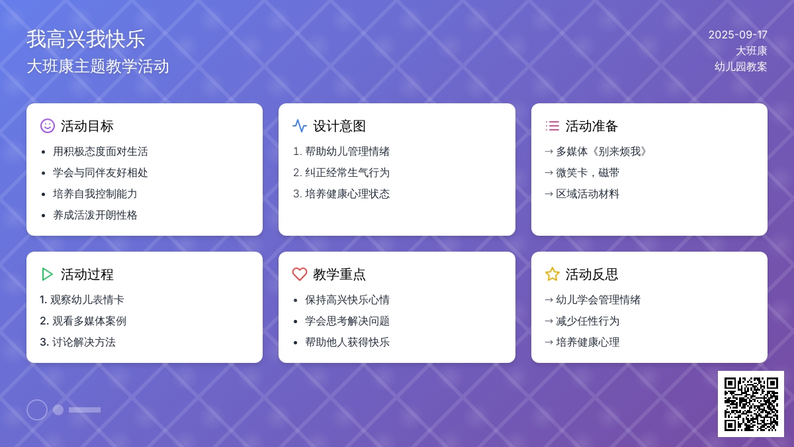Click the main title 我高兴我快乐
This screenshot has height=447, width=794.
click(86, 39)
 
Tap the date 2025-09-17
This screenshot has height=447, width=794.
click(738, 34)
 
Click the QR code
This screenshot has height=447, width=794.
click(751, 404)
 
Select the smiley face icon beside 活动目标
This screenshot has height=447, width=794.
click(48, 126)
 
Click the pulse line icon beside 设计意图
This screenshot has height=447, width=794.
click(300, 126)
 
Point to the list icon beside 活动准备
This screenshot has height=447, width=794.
click(552, 126)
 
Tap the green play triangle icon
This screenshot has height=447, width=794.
click(47, 274)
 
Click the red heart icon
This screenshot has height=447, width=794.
click(300, 274)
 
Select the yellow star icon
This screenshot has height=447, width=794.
click(552, 274)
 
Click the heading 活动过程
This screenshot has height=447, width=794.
click(87, 274)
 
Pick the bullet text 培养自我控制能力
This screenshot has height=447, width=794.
click(95, 194)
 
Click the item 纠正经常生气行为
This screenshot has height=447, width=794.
click(347, 173)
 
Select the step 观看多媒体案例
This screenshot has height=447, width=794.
click(89, 321)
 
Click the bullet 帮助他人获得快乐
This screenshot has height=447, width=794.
click(347, 342)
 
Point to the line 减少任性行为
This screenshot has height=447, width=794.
click(588, 321)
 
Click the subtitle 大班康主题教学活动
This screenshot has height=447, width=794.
click(98, 67)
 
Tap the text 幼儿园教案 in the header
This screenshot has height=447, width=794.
click(741, 67)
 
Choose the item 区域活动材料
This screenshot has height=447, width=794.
click(588, 194)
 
